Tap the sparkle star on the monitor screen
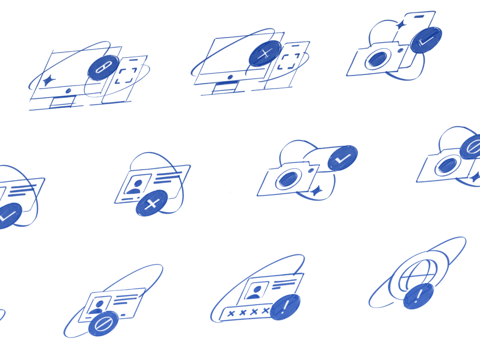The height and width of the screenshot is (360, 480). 47,81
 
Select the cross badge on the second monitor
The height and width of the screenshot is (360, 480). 265,53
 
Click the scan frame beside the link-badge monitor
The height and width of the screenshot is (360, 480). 126,76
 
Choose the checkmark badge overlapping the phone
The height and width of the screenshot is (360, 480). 426,39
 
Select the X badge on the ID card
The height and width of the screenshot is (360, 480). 152,203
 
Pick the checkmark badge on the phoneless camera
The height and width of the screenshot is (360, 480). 342,158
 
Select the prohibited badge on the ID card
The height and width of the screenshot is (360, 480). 103,323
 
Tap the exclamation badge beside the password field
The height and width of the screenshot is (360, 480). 285,307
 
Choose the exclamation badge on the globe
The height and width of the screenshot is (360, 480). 419,296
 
